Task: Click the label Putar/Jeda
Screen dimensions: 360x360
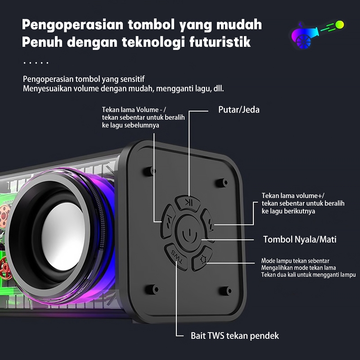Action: [x=238, y=109]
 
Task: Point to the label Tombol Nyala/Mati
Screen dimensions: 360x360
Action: [x=300, y=239]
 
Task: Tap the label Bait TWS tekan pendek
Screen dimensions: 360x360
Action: [x=235, y=336]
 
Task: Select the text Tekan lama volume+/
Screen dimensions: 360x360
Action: [x=292, y=195]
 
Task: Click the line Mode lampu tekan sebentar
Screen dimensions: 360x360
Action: [x=296, y=261]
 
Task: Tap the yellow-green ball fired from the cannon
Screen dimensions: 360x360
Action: [x=339, y=23]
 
